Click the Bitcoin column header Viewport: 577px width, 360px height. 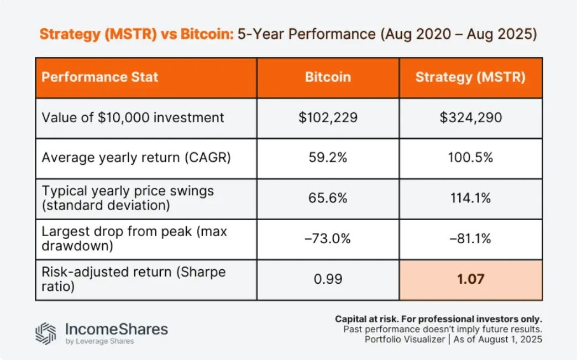point(328,77)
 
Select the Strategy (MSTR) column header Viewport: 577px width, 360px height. point(470,77)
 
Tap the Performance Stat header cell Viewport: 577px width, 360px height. point(100,77)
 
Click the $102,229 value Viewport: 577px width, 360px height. point(328,117)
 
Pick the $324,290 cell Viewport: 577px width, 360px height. point(470,117)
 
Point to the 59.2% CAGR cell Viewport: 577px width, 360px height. point(328,158)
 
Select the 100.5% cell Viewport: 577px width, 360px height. point(470,158)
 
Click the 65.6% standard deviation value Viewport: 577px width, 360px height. point(328,199)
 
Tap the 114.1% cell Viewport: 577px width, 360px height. point(470,199)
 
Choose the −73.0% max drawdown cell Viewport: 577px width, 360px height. point(328,239)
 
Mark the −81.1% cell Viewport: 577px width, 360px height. point(470,239)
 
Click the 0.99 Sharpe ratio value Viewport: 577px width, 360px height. point(328,279)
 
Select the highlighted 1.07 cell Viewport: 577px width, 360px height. point(470,279)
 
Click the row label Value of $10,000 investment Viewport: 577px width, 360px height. point(133,117)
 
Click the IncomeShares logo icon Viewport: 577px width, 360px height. point(46,333)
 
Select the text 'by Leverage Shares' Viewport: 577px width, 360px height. point(99,341)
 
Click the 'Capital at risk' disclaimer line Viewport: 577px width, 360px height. point(438,319)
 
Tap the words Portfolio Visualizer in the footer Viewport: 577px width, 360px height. point(405,340)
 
